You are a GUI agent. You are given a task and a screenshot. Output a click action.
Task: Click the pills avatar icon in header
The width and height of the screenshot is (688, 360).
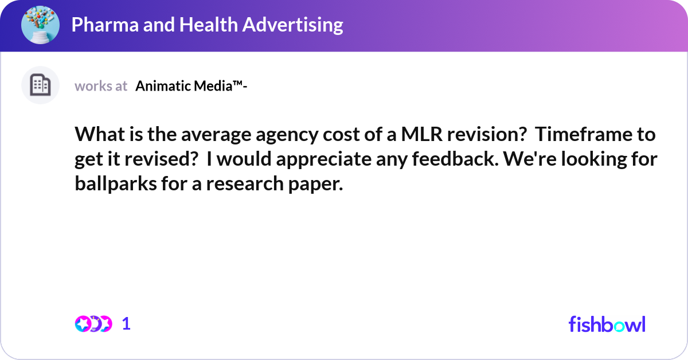point(40,25)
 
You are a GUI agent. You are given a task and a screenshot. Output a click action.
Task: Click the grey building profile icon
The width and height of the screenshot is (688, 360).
point(40,85)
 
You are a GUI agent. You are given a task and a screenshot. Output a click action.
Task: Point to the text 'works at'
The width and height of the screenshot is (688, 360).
point(101,86)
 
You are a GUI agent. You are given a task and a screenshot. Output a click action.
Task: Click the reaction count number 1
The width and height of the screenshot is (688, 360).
point(127,324)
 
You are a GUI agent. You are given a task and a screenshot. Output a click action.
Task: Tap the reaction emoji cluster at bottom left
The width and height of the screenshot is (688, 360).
point(93,324)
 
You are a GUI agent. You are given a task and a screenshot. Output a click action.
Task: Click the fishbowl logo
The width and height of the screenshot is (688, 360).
point(607,324)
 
